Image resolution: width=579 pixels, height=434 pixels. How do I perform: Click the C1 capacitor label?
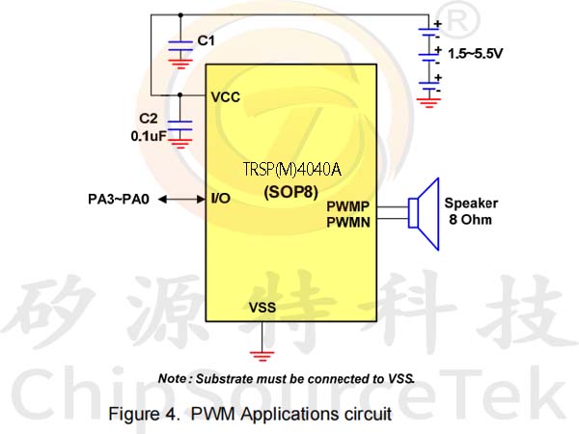(x=206, y=41)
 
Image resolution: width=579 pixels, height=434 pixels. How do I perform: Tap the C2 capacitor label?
(x=149, y=119)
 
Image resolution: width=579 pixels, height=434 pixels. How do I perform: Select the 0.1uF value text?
(x=149, y=136)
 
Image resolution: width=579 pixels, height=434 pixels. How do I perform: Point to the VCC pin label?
(x=225, y=97)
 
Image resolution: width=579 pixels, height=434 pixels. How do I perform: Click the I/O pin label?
(x=220, y=199)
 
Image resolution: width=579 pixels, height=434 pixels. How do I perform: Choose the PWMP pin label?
(x=347, y=206)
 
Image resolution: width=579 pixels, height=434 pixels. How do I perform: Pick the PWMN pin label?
(x=348, y=223)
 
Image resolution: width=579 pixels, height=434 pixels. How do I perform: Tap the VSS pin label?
(x=262, y=308)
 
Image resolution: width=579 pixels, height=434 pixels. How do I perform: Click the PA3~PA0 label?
(x=119, y=200)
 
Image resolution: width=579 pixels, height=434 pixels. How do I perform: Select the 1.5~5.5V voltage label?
(x=475, y=54)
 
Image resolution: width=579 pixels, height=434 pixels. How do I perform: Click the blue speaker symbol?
(x=424, y=214)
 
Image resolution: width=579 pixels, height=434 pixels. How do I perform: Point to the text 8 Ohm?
(x=471, y=220)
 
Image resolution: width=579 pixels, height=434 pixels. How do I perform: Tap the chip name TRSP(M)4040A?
(x=291, y=170)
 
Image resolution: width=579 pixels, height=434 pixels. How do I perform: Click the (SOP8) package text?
(x=291, y=192)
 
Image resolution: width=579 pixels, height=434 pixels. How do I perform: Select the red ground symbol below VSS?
(x=262, y=356)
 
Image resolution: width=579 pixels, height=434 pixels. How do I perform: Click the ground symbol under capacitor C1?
(x=180, y=64)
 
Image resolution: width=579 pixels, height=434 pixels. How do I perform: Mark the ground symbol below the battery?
(x=428, y=103)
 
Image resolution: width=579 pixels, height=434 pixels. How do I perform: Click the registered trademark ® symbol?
(x=457, y=21)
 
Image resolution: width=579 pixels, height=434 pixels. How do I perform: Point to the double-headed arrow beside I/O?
(x=181, y=200)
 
